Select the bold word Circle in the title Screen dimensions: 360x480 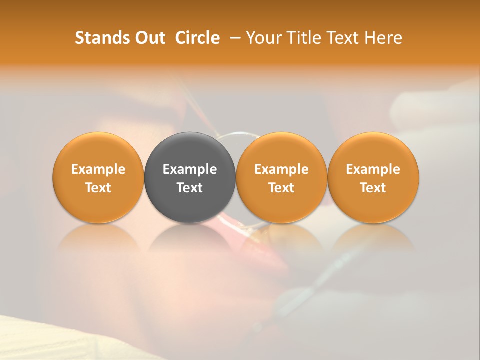point(197,38)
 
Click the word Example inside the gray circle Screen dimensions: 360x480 point(190,169)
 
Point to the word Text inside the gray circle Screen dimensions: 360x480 point(190,188)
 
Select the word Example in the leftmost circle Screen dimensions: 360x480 point(98,169)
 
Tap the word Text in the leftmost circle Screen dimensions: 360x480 point(98,188)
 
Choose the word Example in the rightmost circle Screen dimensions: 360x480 point(373,169)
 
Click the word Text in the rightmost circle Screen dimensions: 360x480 point(373,188)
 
